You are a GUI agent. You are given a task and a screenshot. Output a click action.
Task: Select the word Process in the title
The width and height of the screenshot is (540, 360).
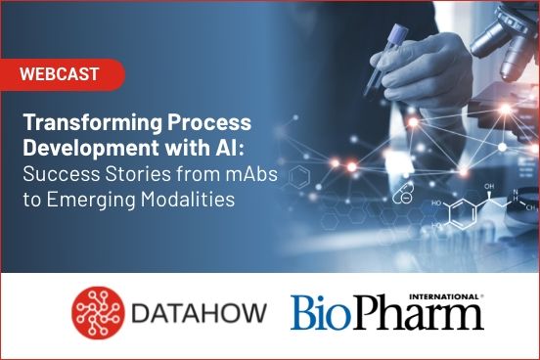(x=203, y=125)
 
